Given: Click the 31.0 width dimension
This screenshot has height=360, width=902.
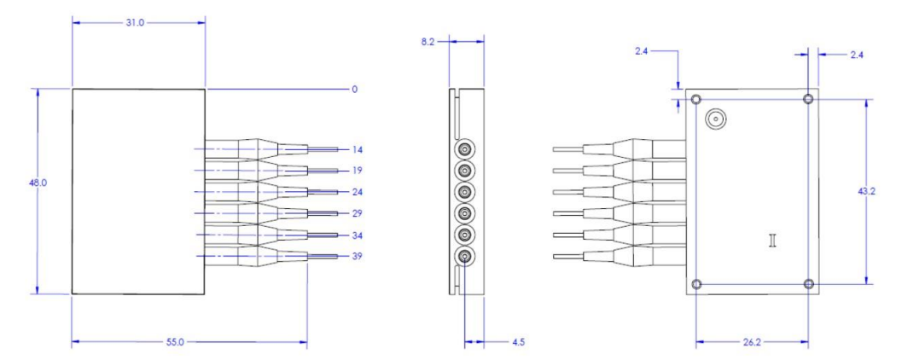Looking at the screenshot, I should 136,23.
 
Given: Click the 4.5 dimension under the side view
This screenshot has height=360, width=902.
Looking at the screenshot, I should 517,342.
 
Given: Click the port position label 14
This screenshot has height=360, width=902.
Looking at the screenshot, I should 358,150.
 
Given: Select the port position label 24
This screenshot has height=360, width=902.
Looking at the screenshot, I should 358,192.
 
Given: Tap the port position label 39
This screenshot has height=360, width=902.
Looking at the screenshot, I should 358,257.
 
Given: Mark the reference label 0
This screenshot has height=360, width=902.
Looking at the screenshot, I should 354,89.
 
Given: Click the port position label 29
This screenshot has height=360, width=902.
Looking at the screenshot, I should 358,213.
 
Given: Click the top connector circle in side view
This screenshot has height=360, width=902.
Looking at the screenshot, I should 463,149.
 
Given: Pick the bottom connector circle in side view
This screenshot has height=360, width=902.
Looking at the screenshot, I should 463,257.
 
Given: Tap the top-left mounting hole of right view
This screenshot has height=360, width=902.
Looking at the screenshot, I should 697,100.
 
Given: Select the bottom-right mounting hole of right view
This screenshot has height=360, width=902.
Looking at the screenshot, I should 809,284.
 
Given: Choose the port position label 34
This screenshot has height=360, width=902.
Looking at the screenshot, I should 358,235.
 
